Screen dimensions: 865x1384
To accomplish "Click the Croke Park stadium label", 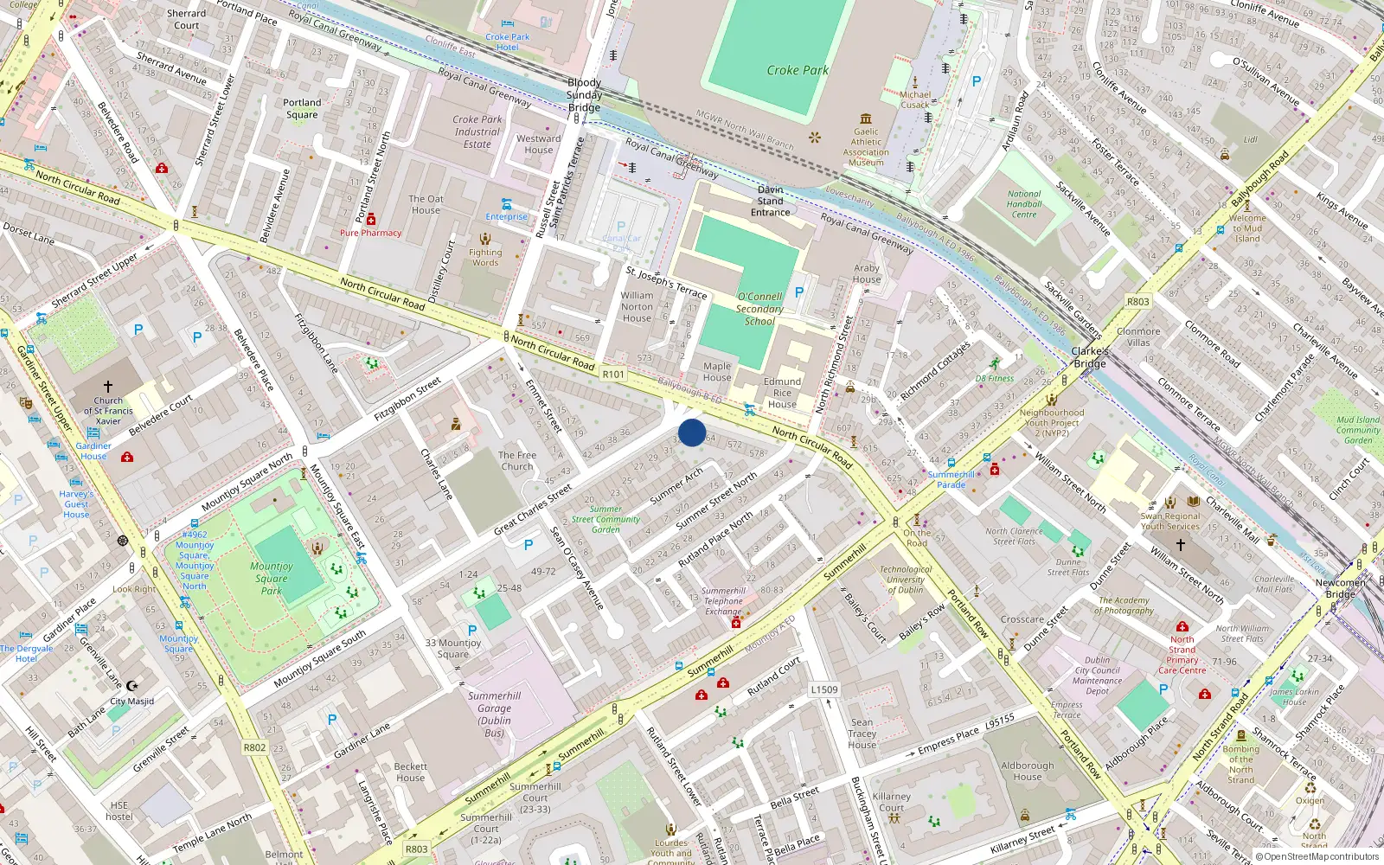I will coord(797,70).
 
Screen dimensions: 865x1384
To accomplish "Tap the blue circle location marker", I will coord(692,432).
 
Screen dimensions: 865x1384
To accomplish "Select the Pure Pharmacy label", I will coord(370,233).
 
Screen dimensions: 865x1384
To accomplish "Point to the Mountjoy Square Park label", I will coord(272,579).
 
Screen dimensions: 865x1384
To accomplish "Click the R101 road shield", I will coord(613,375).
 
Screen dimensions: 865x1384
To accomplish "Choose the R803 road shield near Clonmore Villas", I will coord(1137,302).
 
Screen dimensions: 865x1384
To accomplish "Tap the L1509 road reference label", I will coord(824,689).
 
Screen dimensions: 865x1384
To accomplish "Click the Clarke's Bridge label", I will coord(1090,357).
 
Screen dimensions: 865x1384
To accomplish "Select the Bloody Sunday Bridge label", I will coord(584,95).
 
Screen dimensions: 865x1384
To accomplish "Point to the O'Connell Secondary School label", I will coord(759,309).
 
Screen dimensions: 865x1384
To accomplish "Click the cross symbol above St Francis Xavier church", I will coord(108,387).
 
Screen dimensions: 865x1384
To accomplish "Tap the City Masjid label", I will coord(131,702).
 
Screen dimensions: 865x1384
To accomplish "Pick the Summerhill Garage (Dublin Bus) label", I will coord(494,714).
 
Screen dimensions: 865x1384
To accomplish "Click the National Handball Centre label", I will coord(1024,204).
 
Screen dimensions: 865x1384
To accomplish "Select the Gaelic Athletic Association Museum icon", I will coord(866,119).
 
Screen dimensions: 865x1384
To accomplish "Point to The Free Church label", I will coord(517,460).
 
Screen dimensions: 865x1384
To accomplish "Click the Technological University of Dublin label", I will coord(906,580).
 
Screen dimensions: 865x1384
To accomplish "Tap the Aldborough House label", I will coord(1028,771).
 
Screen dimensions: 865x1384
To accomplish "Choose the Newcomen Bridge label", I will coord(1340,588).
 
